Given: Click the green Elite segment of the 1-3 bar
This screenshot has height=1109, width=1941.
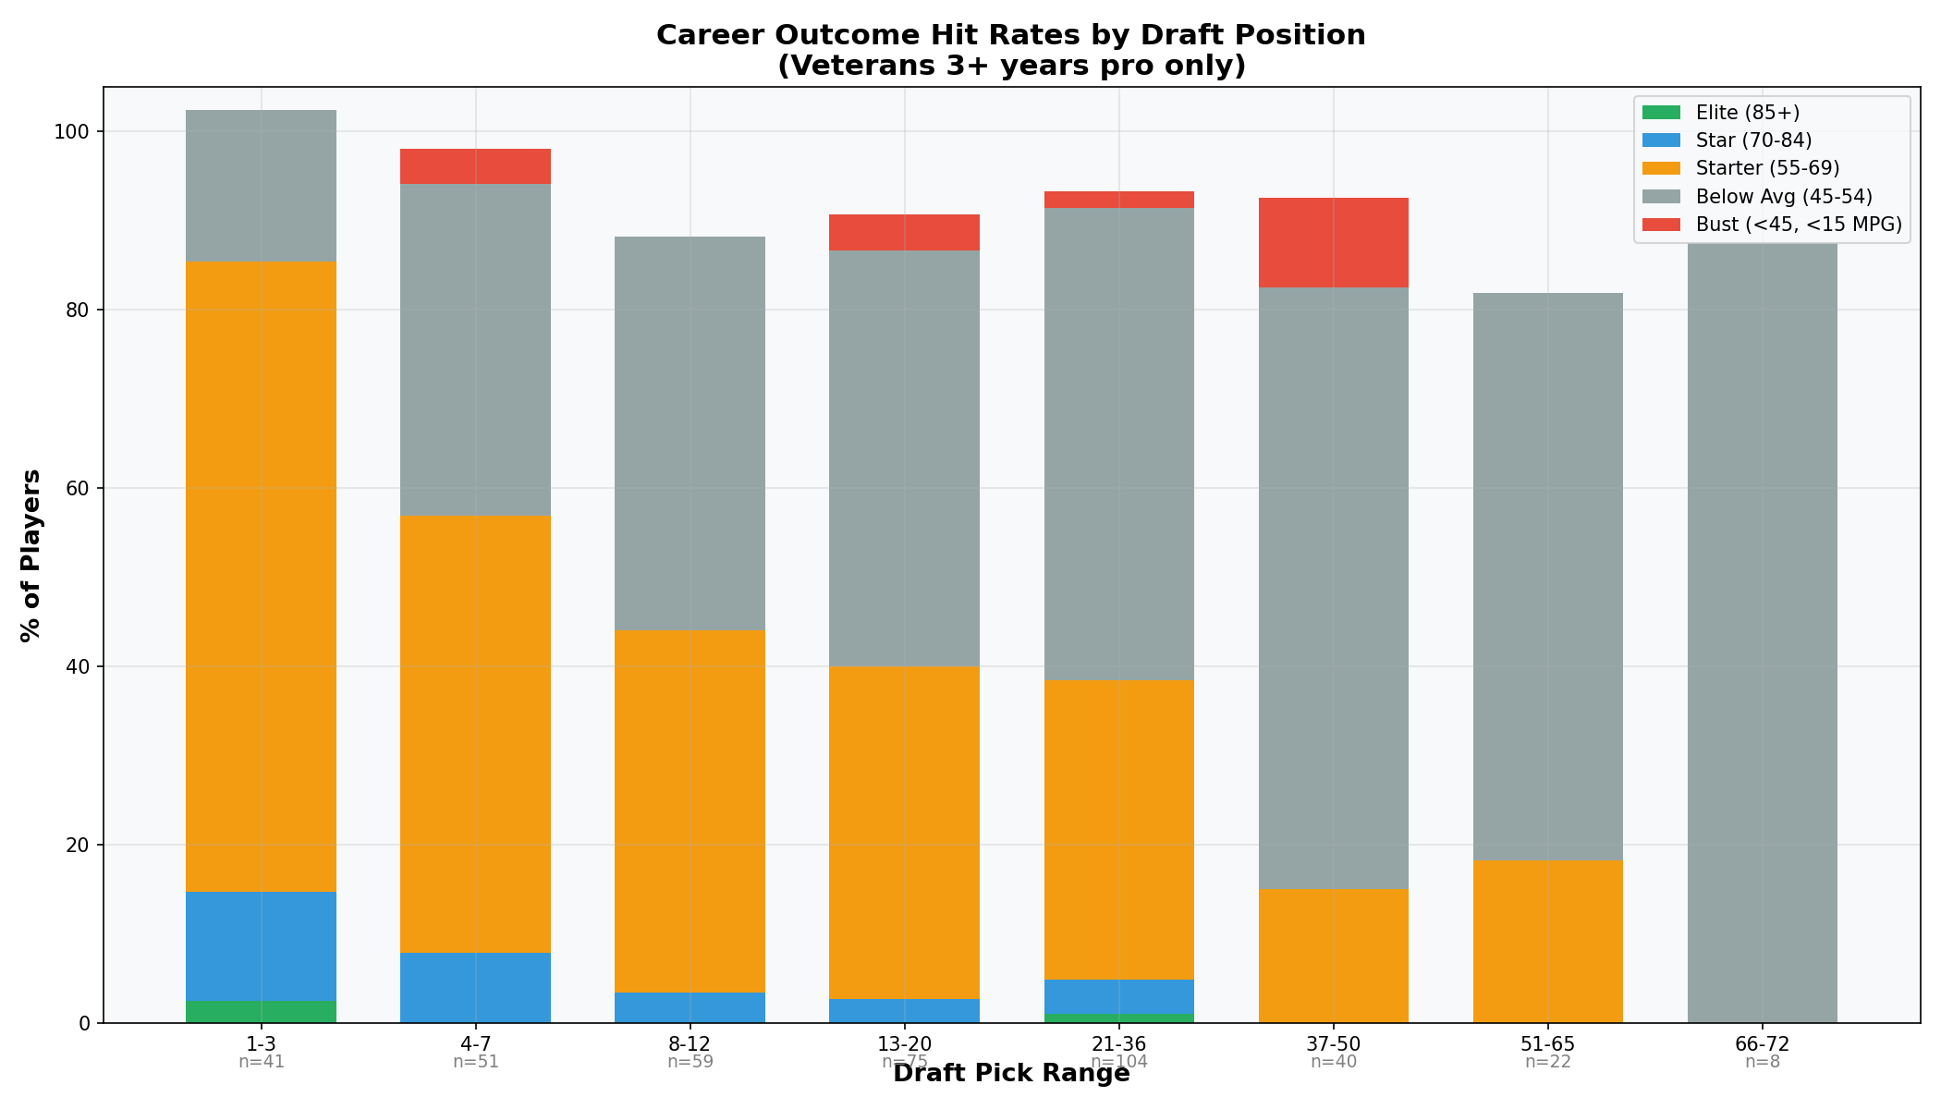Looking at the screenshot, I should (261, 1012).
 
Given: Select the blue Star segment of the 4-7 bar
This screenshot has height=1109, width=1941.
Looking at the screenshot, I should (475, 987).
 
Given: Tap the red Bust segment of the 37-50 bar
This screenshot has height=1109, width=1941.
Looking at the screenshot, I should (1333, 242).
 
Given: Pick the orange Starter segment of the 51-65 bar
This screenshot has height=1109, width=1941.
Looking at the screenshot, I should (1547, 941).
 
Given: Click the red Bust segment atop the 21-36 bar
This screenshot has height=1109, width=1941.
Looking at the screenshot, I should (1118, 200).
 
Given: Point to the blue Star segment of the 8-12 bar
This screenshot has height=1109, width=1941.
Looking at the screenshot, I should (690, 1007).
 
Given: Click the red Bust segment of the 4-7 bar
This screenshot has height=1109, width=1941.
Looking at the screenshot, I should (475, 166).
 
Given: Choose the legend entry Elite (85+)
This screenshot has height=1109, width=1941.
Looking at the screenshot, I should (1747, 113).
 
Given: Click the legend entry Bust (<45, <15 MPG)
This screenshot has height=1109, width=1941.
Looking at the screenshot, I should (1798, 224).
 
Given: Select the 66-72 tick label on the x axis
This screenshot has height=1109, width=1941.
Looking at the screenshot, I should (1762, 1044).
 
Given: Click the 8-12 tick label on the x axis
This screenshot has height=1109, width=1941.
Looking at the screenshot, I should (690, 1044).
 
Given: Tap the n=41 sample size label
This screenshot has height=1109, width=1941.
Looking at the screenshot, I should (261, 1063).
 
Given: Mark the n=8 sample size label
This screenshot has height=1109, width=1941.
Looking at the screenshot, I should (1762, 1063).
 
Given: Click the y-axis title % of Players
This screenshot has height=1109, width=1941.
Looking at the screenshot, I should (31, 554).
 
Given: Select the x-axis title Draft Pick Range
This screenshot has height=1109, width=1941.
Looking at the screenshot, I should (1010, 1075).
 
